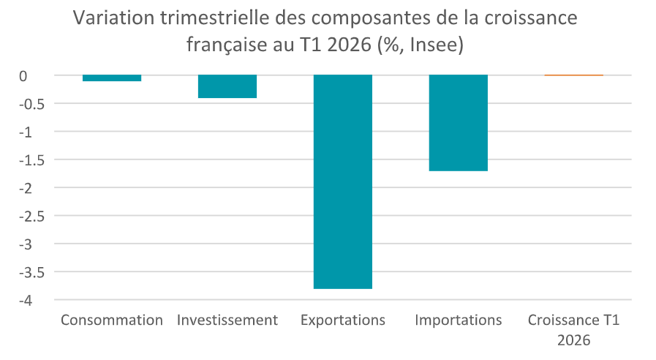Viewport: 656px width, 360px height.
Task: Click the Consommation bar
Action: tap(112, 78)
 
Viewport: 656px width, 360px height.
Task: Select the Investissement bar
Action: tap(227, 86)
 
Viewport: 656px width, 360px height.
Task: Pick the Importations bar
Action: tap(458, 123)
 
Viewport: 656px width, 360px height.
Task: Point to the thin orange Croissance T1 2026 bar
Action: tap(573, 75)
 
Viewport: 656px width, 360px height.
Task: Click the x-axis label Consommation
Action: tap(112, 320)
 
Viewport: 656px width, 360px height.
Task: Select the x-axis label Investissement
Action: tap(227, 320)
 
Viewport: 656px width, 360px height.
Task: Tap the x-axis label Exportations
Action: tap(343, 320)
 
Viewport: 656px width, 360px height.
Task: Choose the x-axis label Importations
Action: tap(458, 320)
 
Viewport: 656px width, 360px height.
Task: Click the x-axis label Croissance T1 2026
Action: tap(573, 330)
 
